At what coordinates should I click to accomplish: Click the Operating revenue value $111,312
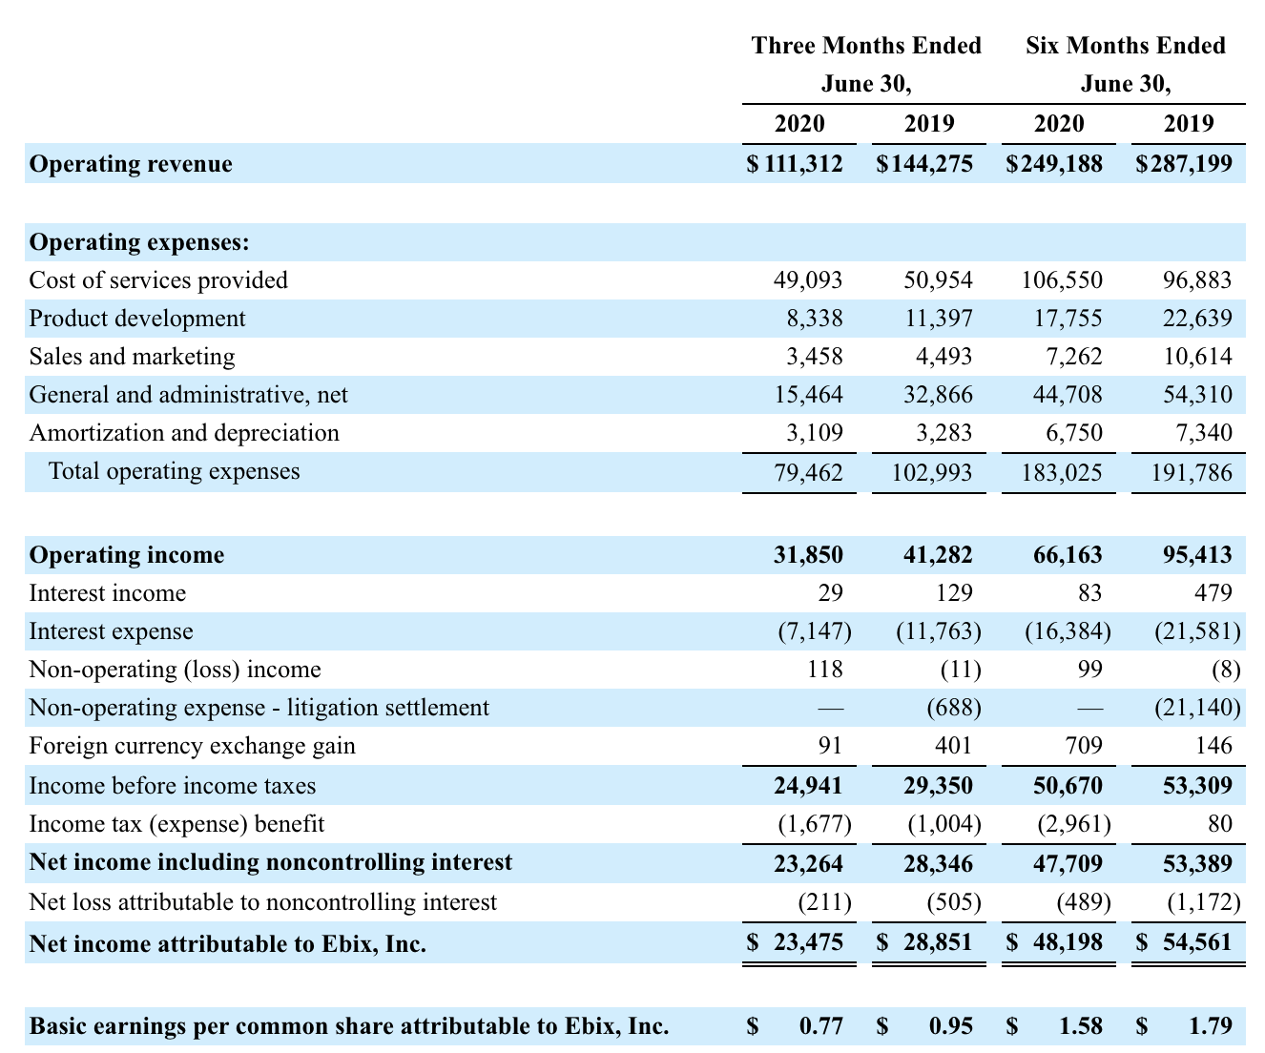point(795,164)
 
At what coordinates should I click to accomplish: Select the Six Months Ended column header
point(1125,46)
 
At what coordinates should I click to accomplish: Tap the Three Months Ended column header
point(865,46)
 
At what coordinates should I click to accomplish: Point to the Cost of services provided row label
point(158,280)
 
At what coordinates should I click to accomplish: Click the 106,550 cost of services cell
point(1062,280)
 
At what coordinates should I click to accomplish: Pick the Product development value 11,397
point(938,319)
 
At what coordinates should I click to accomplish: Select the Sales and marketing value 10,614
point(1197,357)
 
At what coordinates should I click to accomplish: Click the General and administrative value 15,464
point(808,395)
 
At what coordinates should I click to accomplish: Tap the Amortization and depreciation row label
point(184,433)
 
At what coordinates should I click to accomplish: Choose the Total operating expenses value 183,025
point(1062,472)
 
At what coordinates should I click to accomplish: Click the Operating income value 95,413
point(1197,555)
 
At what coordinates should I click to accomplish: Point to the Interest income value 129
point(954,593)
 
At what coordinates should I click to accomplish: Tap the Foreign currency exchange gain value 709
point(1084,746)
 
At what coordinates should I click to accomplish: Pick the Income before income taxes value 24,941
point(808,786)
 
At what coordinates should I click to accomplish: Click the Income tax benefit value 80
point(1219,824)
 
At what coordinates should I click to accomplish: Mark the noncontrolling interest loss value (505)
point(954,902)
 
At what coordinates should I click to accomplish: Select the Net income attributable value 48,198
point(1068,942)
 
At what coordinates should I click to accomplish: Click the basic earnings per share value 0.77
point(821,1025)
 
